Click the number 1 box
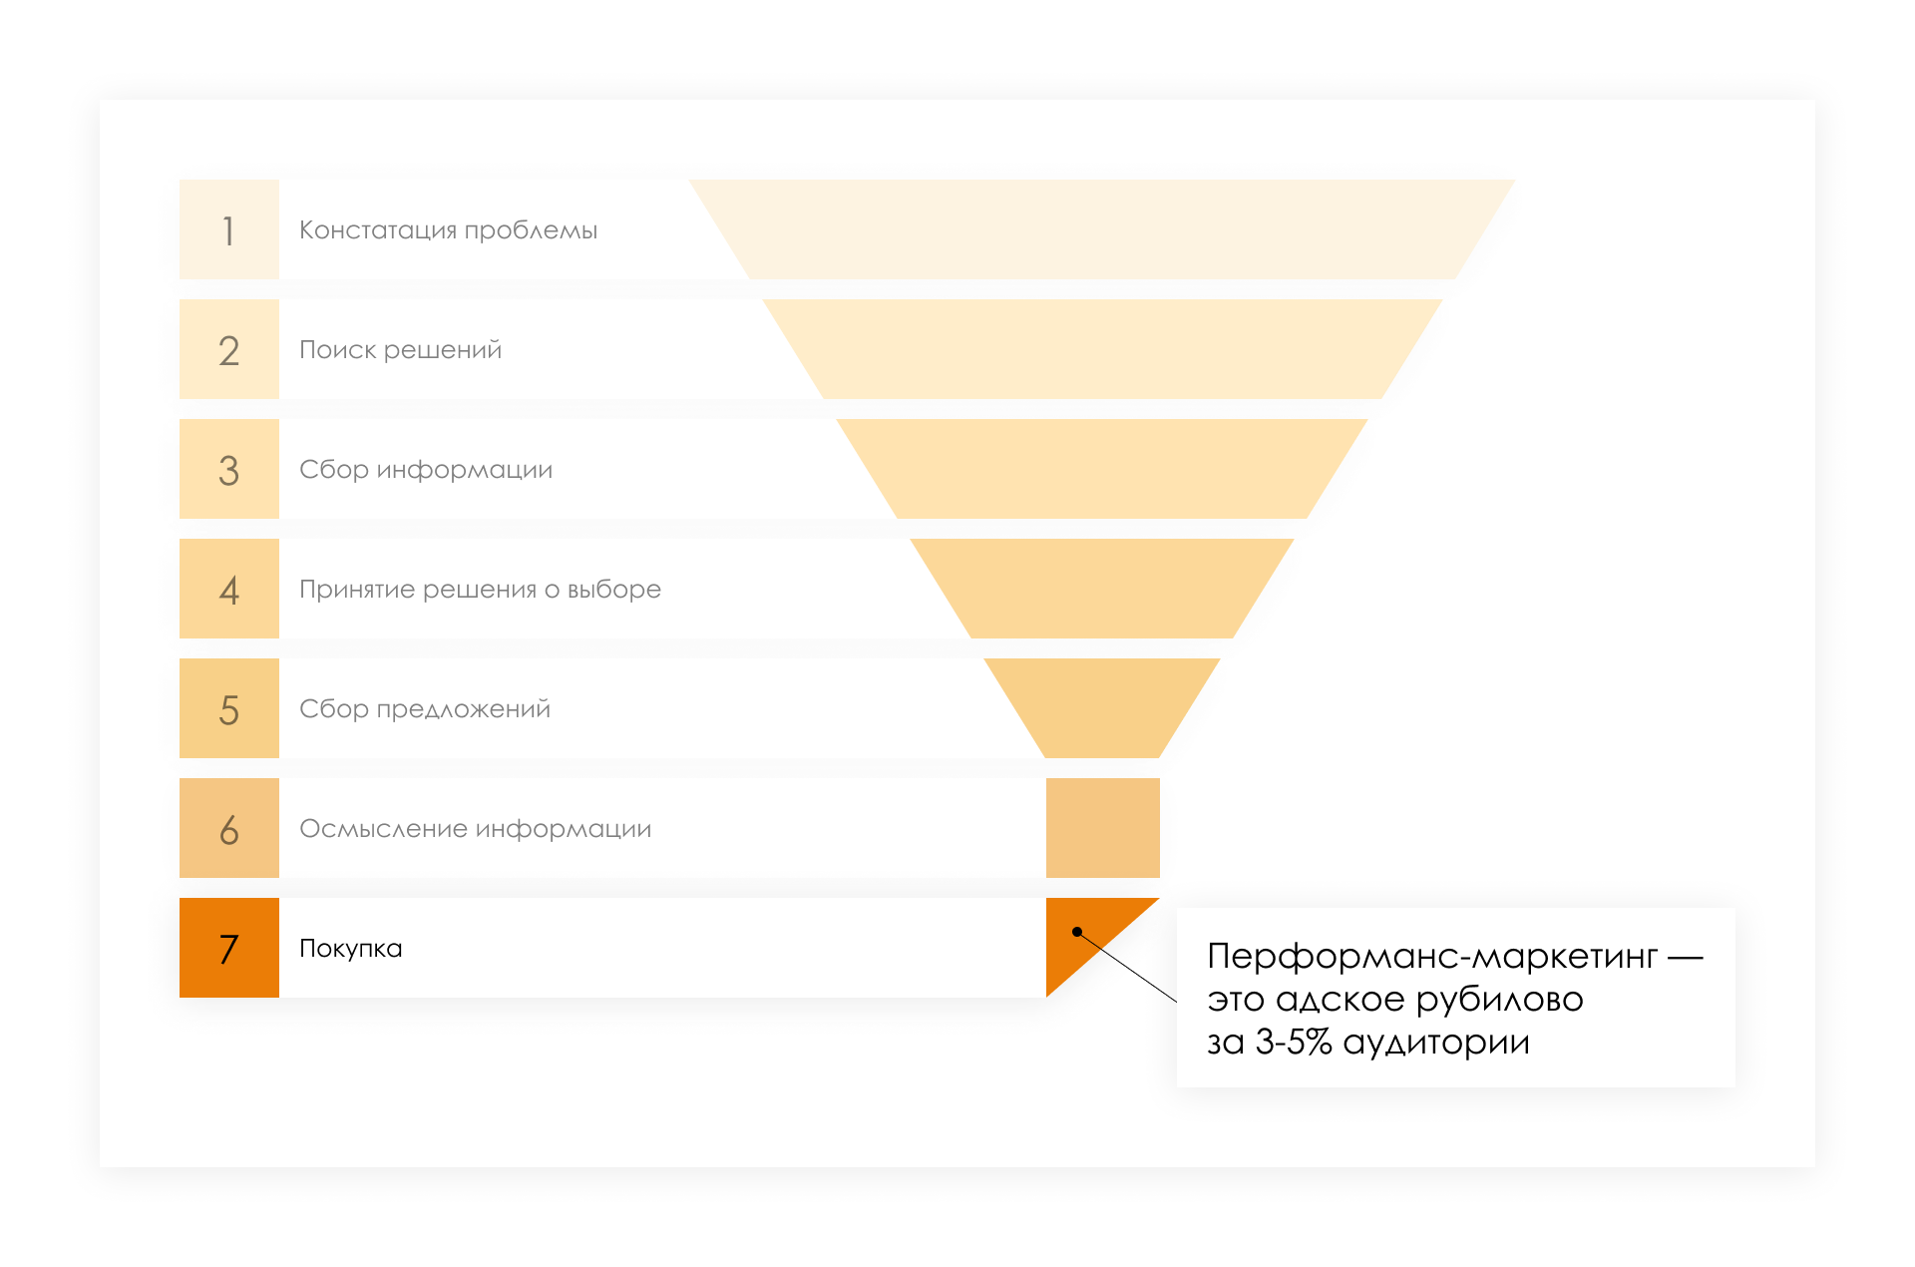point(228,229)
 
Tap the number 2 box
point(228,349)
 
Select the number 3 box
point(228,469)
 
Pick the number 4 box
point(228,589)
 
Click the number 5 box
point(228,708)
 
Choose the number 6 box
point(228,828)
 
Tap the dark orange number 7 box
point(228,948)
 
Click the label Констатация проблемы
point(448,230)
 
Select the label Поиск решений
point(400,350)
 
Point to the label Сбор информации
point(426,470)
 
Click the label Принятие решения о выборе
point(480,590)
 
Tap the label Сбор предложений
point(425,709)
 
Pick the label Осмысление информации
point(475,829)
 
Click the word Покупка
point(350,949)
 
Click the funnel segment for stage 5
point(1102,703)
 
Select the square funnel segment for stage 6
point(1102,828)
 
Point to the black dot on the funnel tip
point(1077,932)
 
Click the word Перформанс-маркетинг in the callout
point(1431,957)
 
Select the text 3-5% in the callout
point(1294,1043)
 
